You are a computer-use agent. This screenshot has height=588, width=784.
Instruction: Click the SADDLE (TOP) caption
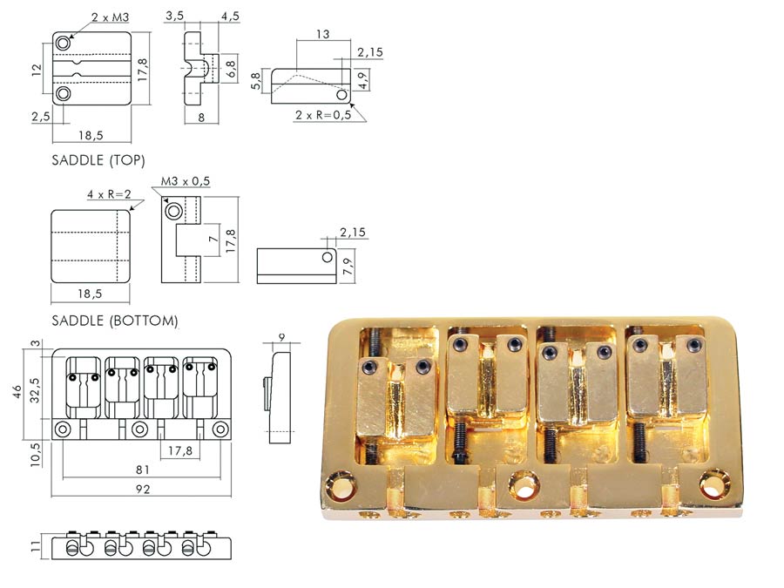[98, 160]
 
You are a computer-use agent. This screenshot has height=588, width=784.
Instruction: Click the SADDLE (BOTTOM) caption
[115, 321]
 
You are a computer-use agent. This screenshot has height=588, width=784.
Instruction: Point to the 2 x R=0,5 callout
[323, 115]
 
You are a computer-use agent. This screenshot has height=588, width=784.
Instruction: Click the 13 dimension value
[323, 34]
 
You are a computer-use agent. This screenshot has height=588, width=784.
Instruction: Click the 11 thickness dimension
[36, 547]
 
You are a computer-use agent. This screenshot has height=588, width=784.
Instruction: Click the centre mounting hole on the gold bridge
[524, 483]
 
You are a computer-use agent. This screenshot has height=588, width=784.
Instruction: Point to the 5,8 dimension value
[254, 84]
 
